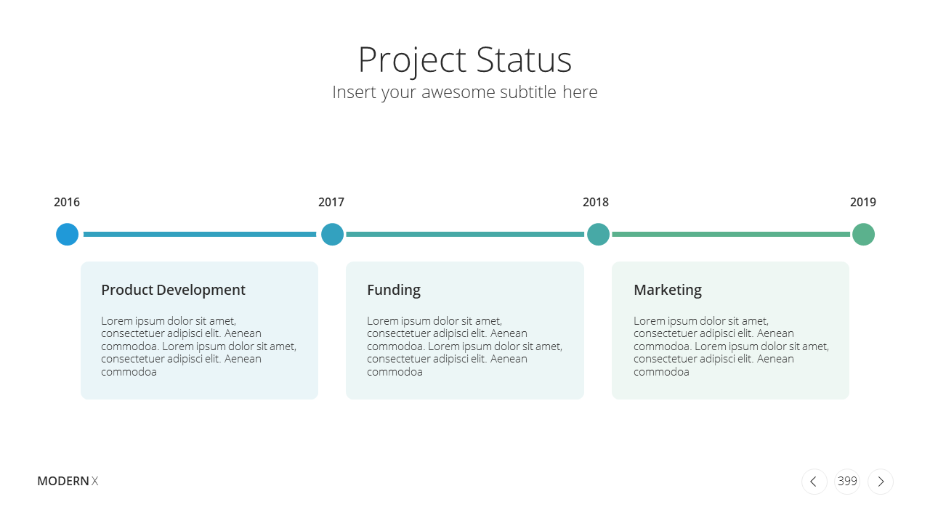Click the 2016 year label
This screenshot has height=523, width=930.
(x=66, y=202)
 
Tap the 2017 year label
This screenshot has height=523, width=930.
(x=331, y=202)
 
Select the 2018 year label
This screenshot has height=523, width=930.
(x=595, y=202)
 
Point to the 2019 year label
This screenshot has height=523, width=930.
(x=862, y=202)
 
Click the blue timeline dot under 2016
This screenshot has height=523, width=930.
(x=68, y=234)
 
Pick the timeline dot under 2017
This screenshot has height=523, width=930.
(x=332, y=234)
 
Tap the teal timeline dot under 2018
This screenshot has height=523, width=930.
(x=598, y=234)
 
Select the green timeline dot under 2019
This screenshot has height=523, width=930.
(x=863, y=234)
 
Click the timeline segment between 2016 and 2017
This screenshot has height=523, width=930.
(x=200, y=234)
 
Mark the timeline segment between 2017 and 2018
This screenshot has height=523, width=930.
(x=465, y=234)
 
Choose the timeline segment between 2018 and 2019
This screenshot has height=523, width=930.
(x=731, y=234)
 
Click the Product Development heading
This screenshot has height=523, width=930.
(x=173, y=290)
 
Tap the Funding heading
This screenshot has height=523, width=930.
(x=394, y=290)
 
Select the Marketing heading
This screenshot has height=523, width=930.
(x=668, y=290)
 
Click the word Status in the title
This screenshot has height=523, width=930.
(x=524, y=60)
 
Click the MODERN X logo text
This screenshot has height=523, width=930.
(x=68, y=481)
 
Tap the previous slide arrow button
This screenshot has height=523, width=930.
(x=814, y=482)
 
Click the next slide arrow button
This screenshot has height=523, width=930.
(x=880, y=482)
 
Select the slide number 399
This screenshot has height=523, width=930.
(x=847, y=481)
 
